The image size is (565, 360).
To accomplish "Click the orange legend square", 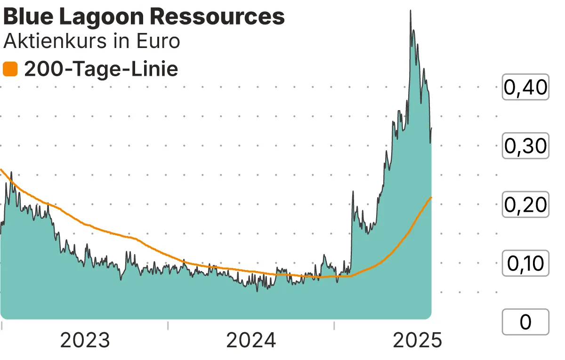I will click(x=10, y=70).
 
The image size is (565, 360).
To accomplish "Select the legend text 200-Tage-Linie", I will click(x=101, y=70).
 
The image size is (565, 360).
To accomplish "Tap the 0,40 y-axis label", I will click(x=525, y=88).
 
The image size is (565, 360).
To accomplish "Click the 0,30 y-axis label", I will click(x=525, y=146).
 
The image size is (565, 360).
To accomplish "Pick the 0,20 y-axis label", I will click(x=525, y=205).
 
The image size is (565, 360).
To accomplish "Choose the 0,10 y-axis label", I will click(x=525, y=264).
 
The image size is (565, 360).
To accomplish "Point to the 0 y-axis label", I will click(x=525, y=322).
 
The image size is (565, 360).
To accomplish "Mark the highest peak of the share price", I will click(x=411, y=10).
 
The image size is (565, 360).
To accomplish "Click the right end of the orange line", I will click(x=431, y=197).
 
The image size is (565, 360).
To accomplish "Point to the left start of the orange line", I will click(x=1, y=169).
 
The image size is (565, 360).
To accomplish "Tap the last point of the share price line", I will click(x=431, y=128).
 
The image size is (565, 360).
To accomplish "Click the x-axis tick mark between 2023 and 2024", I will click(x=168, y=325).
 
